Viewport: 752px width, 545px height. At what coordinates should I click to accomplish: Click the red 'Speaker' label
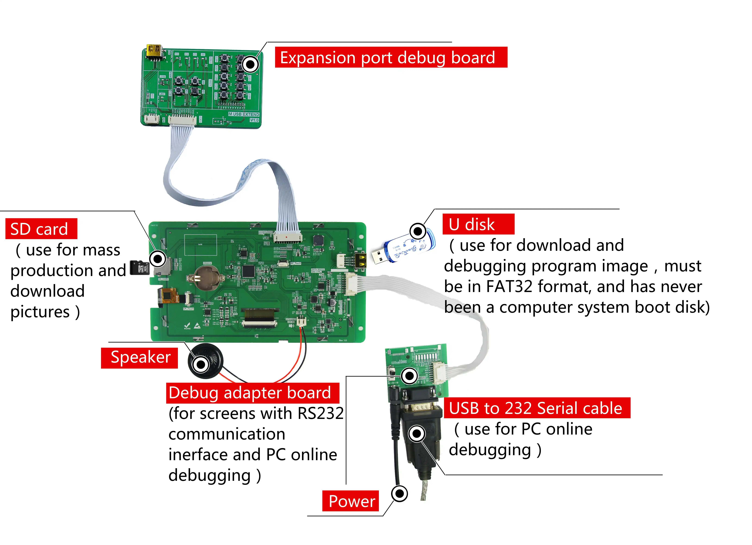[139, 357]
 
